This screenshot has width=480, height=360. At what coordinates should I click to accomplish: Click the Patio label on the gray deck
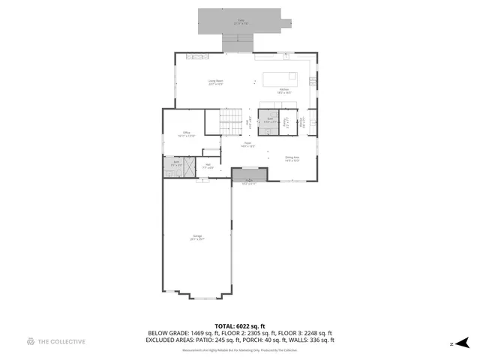pyautogui.click(x=241, y=21)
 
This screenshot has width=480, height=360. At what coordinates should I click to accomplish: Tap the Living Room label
pyautogui.click(x=216, y=82)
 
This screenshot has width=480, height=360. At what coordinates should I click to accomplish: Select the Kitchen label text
pyautogui.click(x=284, y=91)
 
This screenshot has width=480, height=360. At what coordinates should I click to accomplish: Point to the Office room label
pyautogui.click(x=187, y=134)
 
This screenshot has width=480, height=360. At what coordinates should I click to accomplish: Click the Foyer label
pyautogui.click(x=247, y=145)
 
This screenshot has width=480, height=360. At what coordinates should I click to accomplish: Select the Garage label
pyautogui.click(x=197, y=238)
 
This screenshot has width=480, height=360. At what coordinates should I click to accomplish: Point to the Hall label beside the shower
pyautogui.click(x=208, y=166)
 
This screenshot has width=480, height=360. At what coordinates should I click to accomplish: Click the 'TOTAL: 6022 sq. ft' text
pyautogui.click(x=240, y=326)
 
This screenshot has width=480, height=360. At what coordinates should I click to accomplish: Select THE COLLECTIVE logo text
pyautogui.click(x=62, y=342)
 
